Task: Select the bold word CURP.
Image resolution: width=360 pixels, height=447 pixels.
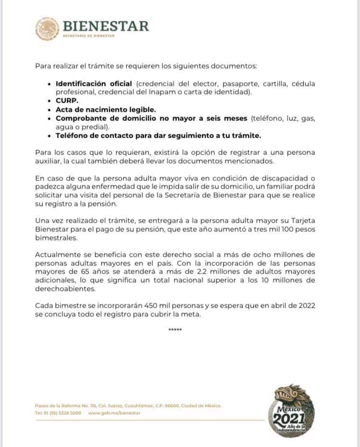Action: (x=67, y=101)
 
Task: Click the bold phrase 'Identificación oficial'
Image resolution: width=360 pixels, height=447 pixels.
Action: (x=94, y=84)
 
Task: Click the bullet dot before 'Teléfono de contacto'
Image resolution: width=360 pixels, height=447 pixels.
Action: (x=50, y=136)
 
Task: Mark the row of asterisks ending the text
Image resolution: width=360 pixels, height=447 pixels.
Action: (x=175, y=329)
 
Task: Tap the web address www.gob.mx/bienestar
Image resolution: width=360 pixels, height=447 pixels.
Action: (x=115, y=413)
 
